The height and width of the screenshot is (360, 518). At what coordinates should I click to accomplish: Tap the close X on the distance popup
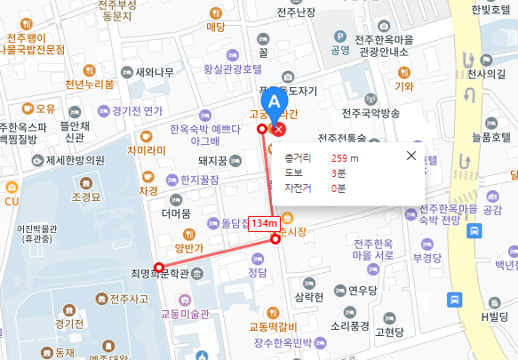pos(410,156)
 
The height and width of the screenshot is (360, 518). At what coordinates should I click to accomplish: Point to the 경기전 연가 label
pos(137,111)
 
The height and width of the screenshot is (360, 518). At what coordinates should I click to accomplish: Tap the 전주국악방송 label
pos(371,113)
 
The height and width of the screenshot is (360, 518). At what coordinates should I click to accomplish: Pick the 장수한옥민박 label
pos(283,342)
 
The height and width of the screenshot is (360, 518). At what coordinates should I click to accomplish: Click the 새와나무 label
pos(154,73)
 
